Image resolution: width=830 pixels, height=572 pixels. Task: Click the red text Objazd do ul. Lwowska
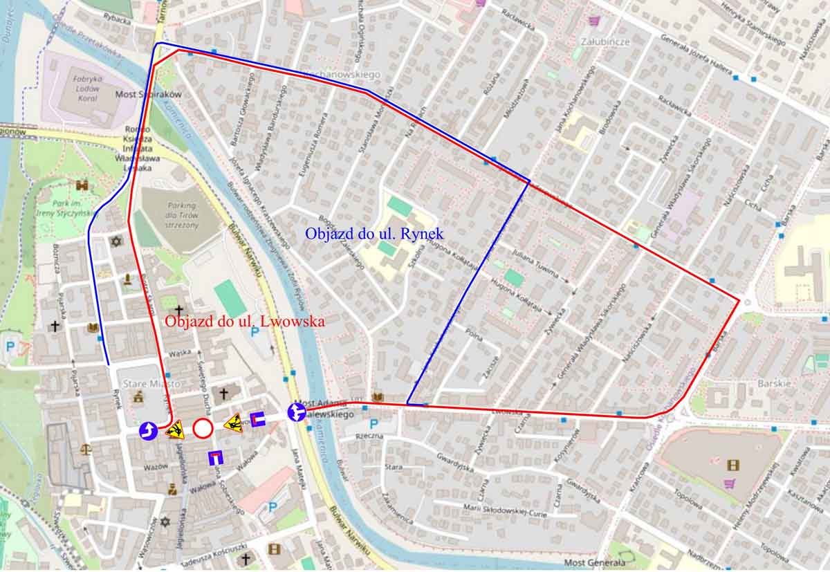point(244,322)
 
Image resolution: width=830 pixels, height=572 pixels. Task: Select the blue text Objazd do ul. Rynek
point(374,234)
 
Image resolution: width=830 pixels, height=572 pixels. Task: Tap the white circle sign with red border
point(203,428)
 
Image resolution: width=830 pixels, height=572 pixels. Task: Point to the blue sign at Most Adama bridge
point(297,412)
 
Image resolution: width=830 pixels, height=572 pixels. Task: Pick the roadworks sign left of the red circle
point(174,430)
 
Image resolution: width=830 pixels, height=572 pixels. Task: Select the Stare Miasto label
point(142,383)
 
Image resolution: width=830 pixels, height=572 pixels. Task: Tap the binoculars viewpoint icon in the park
point(82,185)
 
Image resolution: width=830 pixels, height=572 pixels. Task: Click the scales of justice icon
point(86,449)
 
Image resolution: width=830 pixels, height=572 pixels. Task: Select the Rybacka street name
point(117,20)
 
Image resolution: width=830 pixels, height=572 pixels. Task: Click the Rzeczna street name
point(369,437)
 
